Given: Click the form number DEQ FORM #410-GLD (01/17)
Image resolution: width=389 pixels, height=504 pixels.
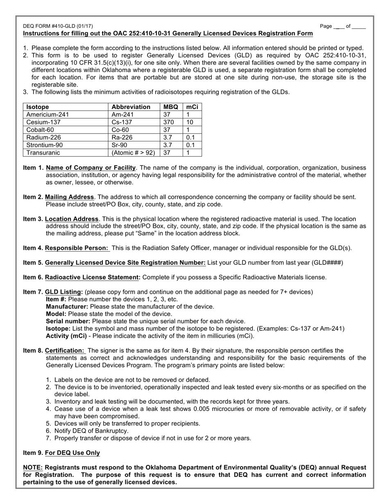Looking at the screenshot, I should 58,26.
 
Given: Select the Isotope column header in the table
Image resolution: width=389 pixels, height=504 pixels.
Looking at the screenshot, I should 38,107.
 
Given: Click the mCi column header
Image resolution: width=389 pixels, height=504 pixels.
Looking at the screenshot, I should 192,107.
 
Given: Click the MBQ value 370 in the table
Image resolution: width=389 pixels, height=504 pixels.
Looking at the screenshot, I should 168,122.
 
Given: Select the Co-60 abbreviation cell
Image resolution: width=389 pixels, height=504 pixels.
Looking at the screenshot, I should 120,130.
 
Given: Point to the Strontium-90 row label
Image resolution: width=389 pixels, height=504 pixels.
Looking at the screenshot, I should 45,145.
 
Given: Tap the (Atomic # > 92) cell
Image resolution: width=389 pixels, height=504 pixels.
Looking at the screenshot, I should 133,153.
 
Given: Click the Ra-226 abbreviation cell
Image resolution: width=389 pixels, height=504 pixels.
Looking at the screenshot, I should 122,138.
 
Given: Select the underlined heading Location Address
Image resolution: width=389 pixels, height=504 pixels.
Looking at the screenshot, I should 72,219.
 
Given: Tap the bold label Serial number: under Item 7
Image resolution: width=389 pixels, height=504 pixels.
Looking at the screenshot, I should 68,321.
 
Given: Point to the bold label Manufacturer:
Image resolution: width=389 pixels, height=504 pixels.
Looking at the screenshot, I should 67,306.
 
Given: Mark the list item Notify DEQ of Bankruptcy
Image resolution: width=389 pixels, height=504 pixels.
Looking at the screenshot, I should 91,431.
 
